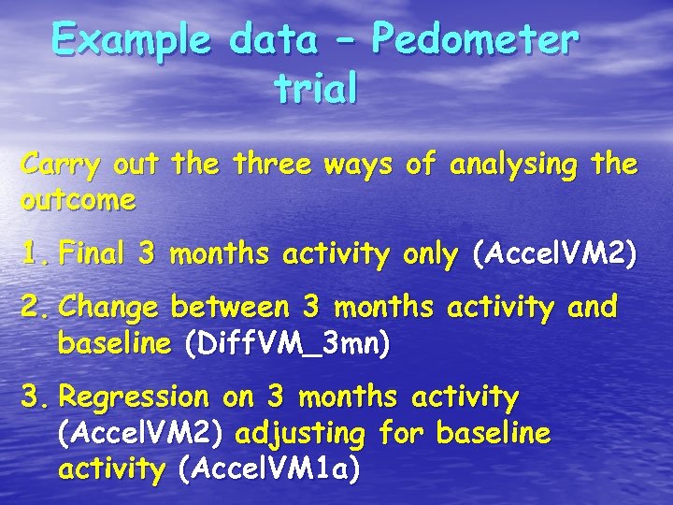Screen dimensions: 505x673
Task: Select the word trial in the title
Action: [x=315, y=90]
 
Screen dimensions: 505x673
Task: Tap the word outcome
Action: [x=79, y=200]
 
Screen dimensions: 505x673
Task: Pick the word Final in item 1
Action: [x=93, y=253]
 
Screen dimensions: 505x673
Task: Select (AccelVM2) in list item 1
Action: [x=555, y=253]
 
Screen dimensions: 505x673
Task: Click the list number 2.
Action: [x=36, y=308]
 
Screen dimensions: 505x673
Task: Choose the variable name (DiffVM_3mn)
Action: [x=288, y=344]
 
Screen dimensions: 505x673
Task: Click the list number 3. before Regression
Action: [x=36, y=397]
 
